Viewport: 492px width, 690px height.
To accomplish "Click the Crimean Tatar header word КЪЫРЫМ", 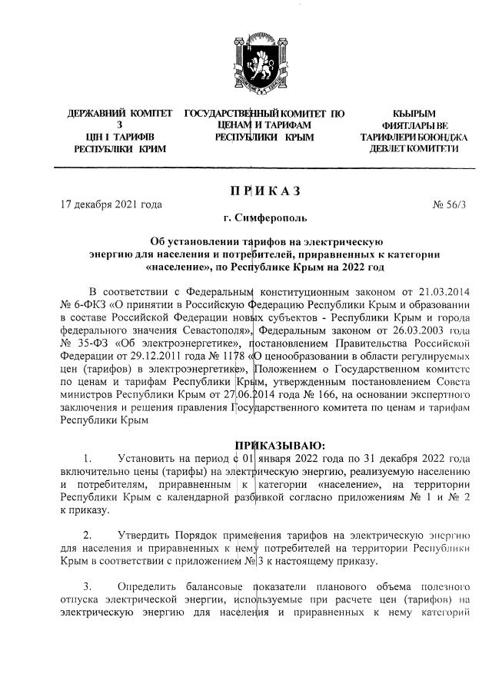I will [414, 114].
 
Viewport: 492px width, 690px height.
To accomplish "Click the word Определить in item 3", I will [148, 586].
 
